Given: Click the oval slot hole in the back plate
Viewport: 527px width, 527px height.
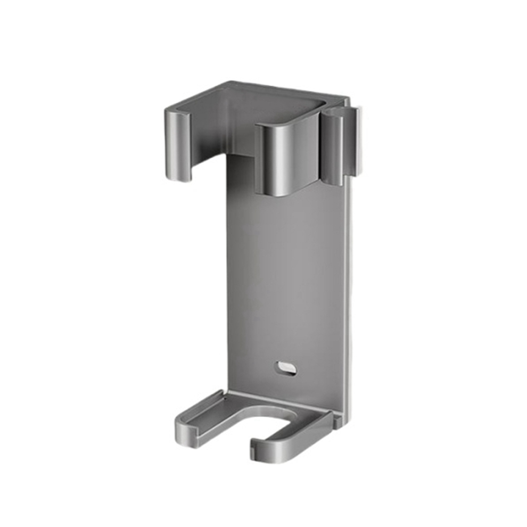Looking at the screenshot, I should tap(286, 368).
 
